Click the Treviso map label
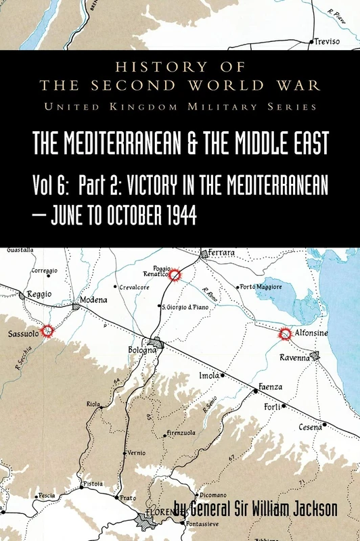point(325,42)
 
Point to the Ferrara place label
point(222,253)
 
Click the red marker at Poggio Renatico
point(175,275)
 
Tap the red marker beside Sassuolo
point(47,331)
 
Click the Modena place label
point(93,300)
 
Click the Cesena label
point(311,427)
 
